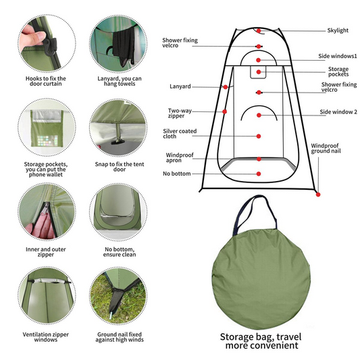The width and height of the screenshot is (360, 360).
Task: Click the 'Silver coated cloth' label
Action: (x=178, y=134)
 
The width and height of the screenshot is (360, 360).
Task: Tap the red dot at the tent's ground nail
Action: (x=317, y=195)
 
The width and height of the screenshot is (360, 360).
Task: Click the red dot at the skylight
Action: (x=257, y=30)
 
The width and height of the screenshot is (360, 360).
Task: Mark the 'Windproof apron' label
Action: (x=179, y=158)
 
